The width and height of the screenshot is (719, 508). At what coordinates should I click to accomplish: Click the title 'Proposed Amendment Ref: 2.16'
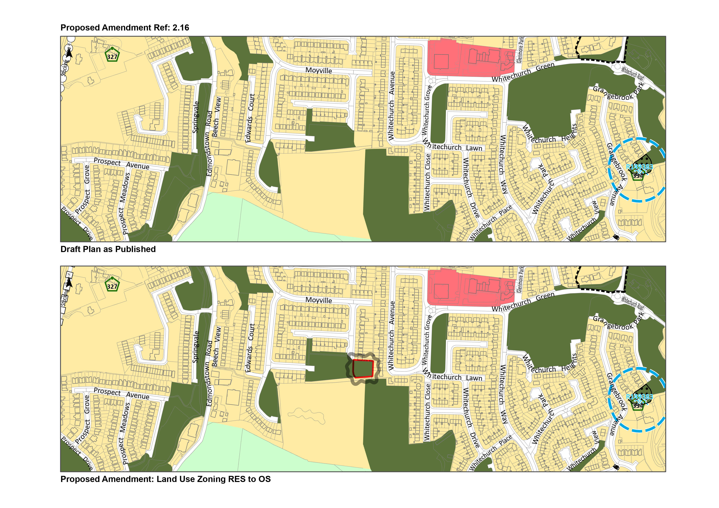125,28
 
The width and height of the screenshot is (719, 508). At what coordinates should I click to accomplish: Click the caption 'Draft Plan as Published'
108,249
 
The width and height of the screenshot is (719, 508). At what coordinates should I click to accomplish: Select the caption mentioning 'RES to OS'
165,479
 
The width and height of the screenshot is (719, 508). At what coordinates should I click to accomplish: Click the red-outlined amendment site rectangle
363,369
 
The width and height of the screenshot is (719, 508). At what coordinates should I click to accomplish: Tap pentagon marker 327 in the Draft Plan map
112,55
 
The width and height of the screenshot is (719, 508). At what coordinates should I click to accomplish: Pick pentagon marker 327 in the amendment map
112,285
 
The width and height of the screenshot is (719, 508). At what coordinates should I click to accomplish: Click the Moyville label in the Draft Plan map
319,71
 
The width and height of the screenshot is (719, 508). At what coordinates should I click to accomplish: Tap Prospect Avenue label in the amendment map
122,394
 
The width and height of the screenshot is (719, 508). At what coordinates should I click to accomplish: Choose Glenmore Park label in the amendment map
520,279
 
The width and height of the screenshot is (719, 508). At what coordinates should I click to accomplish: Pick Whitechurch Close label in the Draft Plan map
428,181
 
